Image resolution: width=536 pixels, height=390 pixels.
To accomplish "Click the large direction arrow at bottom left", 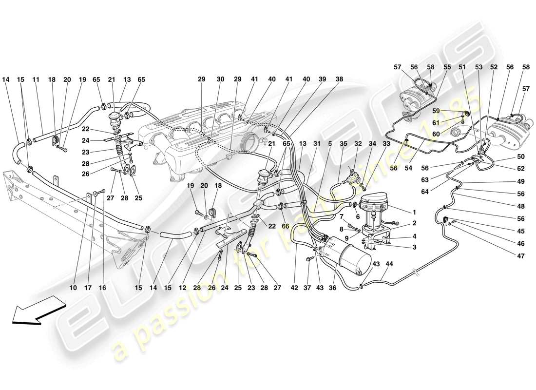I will (38, 312).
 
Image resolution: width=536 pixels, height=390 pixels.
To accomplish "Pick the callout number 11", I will (36, 79).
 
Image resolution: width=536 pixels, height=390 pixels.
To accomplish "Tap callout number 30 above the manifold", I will (220, 79).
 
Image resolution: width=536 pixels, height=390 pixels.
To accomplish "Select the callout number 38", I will (339, 79).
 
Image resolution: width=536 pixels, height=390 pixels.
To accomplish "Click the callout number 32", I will (358, 144).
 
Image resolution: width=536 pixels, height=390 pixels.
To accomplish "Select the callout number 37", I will (307, 288).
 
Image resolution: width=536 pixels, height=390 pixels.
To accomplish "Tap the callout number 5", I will (330, 144).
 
